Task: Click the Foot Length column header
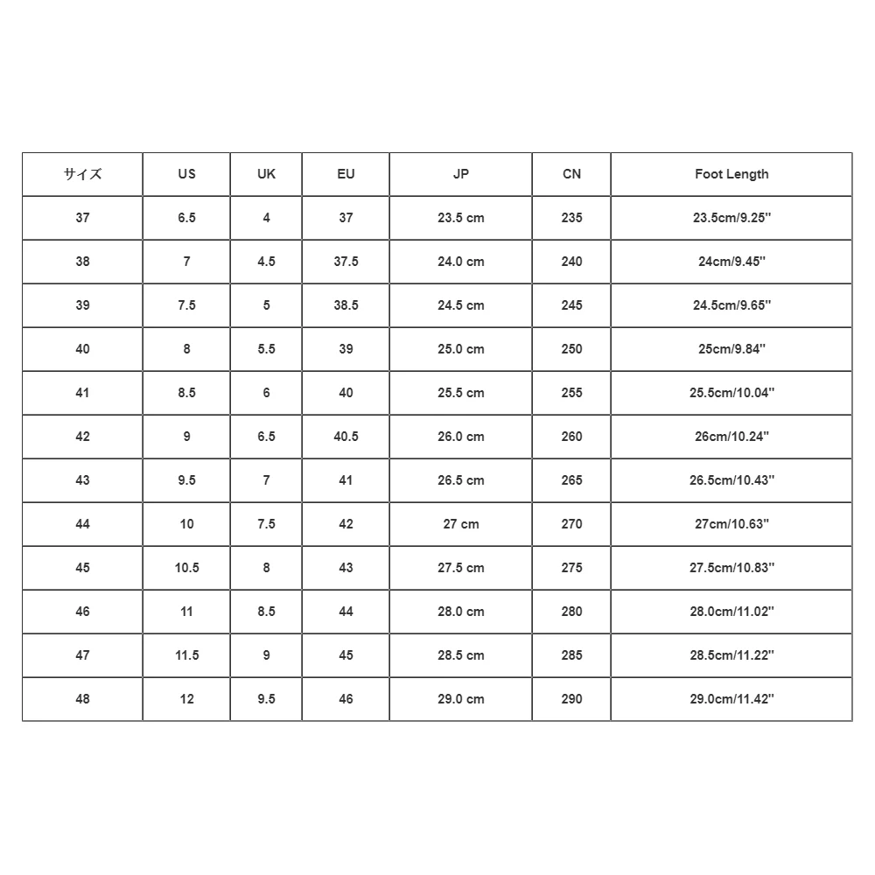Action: pyautogui.click(x=731, y=174)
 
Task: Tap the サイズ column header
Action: pyautogui.click(x=82, y=174)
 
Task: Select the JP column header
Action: pyautogui.click(x=461, y=174)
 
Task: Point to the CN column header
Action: pyautogui.click(x=571, y=174)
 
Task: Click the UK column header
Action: pyautogui.click(x=267, y=174)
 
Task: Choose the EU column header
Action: pyautogui.click(x=346, y=174)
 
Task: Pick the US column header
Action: pyautogui.click(x=186, y=174)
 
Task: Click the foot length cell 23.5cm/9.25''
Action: pyautogui.click(x=731, y=218)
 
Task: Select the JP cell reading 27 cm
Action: pyautogui.click(x=461, y=524)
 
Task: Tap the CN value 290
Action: pyautogui.click(x=571, y=699)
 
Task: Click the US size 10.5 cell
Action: pyautogui.click(x=186, y=568)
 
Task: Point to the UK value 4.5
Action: pyautogui.click(x=267, y=262)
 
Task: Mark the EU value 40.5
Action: pyautogui.click(x=346, y=437)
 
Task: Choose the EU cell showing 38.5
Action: pyautogui.click(x=346, y=305)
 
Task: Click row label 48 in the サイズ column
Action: pyautogui.click(x=82, y=699)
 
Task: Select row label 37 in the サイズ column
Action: pyautogui.click(x=82, y=218)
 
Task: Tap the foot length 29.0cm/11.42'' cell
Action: pyautogui.click(x=731, y=699)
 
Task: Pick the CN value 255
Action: pyautogui.click(x=571, y=393)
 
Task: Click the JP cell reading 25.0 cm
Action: pyautogui.click(x=461, y=349)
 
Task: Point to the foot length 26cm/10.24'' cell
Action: pyautogui.click(x=731, y=437)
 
